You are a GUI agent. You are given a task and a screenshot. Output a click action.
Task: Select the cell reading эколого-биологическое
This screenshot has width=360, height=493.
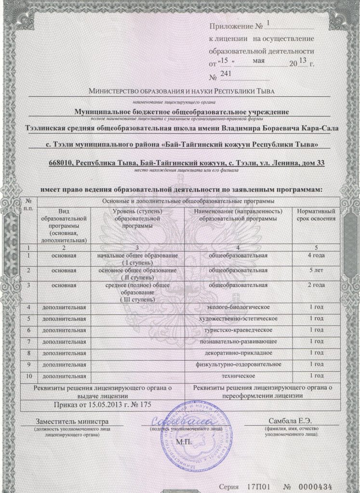[x=238, y=307]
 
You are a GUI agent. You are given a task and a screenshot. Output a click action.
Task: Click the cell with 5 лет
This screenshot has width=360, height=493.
[x=315, y=271]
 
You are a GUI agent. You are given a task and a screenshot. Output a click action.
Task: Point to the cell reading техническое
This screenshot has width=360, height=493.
[x=238, y=375]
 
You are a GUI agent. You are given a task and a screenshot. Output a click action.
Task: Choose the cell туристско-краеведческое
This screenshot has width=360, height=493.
[x=238, y=330]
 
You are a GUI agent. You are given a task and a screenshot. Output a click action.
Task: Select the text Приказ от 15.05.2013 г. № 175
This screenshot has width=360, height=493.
[x=103, y=404]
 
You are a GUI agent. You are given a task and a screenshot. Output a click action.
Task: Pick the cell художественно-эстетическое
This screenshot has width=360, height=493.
[x=238, y=318]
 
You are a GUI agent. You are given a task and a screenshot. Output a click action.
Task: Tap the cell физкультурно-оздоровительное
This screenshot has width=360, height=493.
[x=238, y=363]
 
